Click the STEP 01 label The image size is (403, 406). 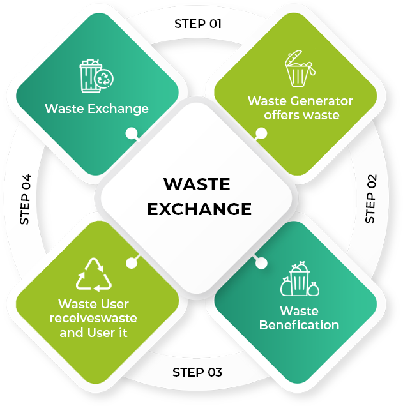pos(198,24)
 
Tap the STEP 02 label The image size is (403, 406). pos(370,199)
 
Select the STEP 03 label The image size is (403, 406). pos(197,372)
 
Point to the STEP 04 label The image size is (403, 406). pos(26,199)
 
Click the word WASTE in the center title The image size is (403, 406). pos(197,184)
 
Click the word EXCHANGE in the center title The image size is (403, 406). pos(199,209)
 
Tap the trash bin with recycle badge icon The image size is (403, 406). pos(96,76)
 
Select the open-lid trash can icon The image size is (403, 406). pos(300,68)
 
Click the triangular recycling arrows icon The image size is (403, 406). pos(94,274)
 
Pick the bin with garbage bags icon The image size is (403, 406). pos(300,279)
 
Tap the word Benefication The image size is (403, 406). pos(299,325)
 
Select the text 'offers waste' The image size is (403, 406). pos(301,115)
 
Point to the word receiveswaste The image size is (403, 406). pos(93,318)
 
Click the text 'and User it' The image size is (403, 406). pos(93,333)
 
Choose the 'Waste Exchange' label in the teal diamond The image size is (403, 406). pos(96,109)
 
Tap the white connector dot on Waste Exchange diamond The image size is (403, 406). pos(132,133)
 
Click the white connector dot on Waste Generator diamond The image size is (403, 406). pos(261,133)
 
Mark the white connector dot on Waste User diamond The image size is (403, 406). pos(132,263)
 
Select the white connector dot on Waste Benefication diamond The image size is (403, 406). pos(261,263)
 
